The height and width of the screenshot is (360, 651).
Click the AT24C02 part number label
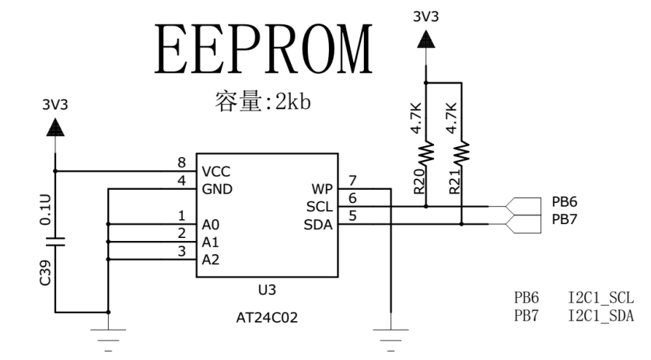[x=266, y=316]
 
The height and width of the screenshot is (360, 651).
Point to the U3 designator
[x=266, y=290]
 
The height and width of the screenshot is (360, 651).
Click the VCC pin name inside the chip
[x=215, y=171]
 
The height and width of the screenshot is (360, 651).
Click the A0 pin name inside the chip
[x=210, y=224]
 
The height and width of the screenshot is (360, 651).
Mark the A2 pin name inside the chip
[x=210, y=260]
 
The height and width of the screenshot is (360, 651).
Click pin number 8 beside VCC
[x=182, y=163]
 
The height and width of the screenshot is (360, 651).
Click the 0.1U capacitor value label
[x=44, y=208]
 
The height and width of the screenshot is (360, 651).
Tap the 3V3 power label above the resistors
[x=425, y=15]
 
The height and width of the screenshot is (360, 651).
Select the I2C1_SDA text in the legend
[x=600, y=315]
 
